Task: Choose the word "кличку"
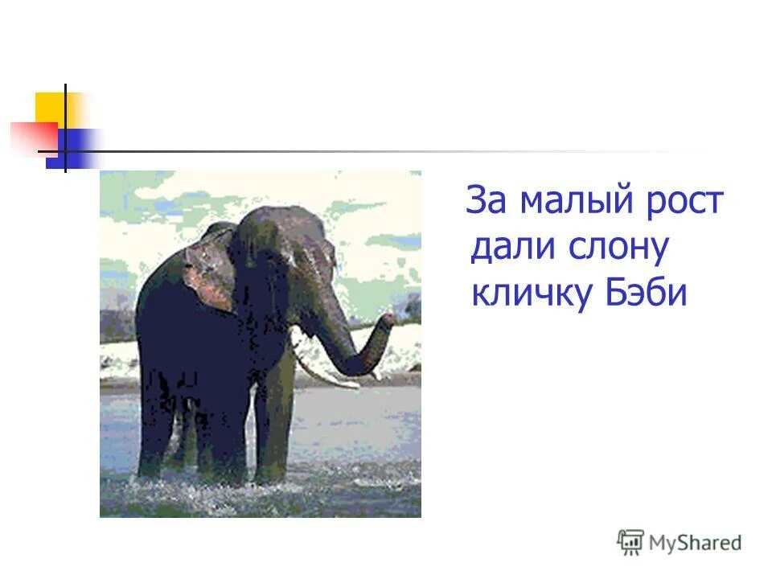(x=530, y=294)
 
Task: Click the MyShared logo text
(x=695, y=543)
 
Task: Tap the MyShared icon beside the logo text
(x=630, y=542)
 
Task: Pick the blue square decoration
(x=74, y=150)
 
